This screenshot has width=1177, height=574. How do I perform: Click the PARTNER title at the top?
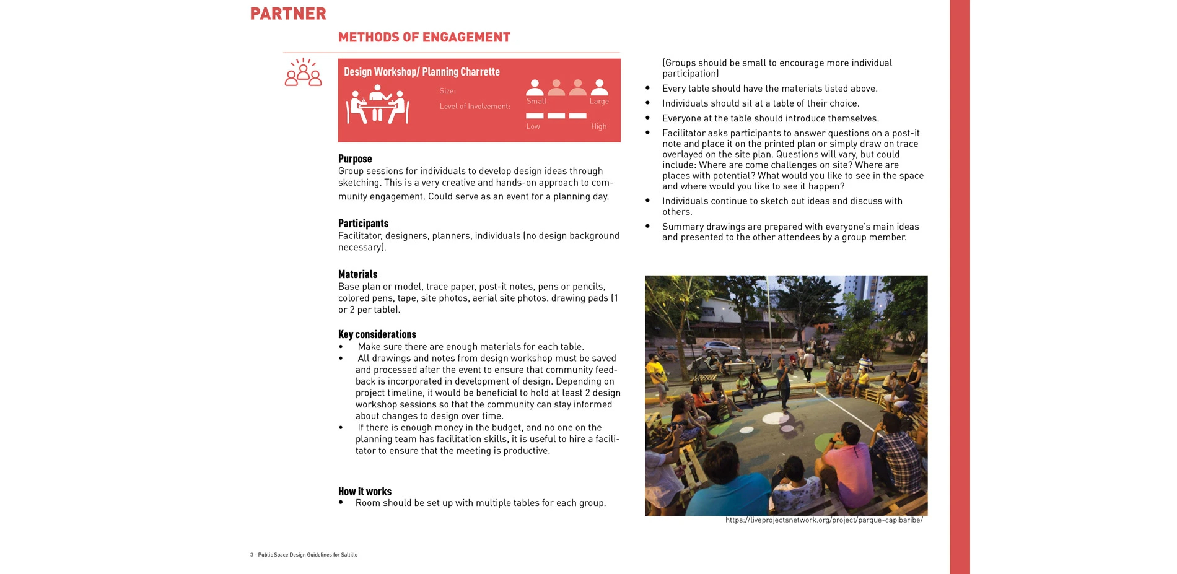tap(288, 14)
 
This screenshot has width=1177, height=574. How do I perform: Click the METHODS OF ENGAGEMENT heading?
tap(424, 37)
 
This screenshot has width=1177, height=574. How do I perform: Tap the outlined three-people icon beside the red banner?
tap(303, 73)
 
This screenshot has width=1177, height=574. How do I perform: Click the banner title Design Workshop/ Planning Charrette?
tap(422, 72)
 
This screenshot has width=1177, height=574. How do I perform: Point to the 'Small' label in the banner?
tap(536, 102)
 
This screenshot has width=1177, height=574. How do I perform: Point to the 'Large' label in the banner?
tap(599, 102)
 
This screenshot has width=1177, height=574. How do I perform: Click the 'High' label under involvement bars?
tap(598, 126)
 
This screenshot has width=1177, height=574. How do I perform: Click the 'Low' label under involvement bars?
tap(533, 126)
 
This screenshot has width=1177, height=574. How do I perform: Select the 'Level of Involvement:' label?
tap(475, 107)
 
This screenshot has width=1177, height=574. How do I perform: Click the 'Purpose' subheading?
tap(355, 159)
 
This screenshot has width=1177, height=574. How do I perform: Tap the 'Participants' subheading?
tap(363, 224)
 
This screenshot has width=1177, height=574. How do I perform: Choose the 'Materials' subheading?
tap(357, 274)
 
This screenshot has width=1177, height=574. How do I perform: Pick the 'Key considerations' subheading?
tap(377, 334)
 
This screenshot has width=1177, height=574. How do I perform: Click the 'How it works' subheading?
tap(365, 492)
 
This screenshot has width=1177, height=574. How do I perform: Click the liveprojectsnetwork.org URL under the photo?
tap(824, 520)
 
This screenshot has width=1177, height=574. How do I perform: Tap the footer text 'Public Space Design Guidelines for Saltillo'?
tap(307, 555)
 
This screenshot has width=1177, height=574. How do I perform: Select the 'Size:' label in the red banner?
tap(447, 91)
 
